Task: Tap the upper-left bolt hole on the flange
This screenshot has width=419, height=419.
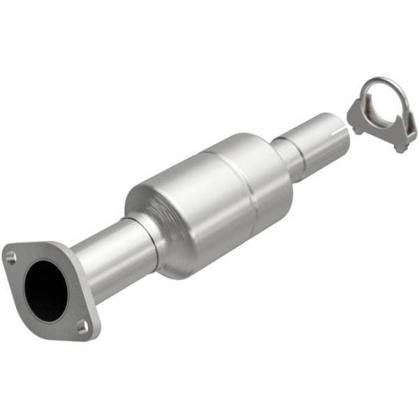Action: coord(11,258)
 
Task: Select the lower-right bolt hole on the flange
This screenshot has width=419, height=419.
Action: coord(82,325)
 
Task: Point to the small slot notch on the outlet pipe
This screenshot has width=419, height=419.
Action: coord(339,129)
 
